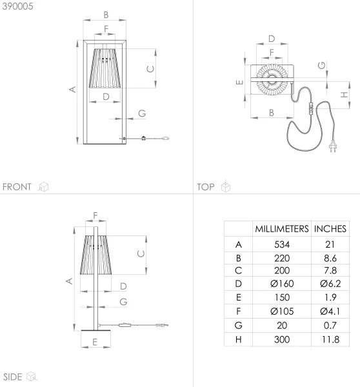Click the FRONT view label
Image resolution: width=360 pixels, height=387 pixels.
[17, 187]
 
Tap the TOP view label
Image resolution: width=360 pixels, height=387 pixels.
[206, 187]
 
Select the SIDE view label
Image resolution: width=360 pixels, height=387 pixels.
[13, 376]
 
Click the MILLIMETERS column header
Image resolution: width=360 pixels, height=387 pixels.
[281, 229]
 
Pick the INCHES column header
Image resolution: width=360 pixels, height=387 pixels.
[330, 229]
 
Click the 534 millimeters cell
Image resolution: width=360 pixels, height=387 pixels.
[281, 244]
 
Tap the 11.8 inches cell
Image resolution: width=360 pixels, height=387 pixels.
[330, 339]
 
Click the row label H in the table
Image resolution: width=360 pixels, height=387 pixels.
[239, 339]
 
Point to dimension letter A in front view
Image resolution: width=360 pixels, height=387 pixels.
[73, 90]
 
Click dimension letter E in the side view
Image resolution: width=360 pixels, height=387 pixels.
[94, 342]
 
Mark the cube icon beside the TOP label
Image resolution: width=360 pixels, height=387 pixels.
[225, 187]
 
